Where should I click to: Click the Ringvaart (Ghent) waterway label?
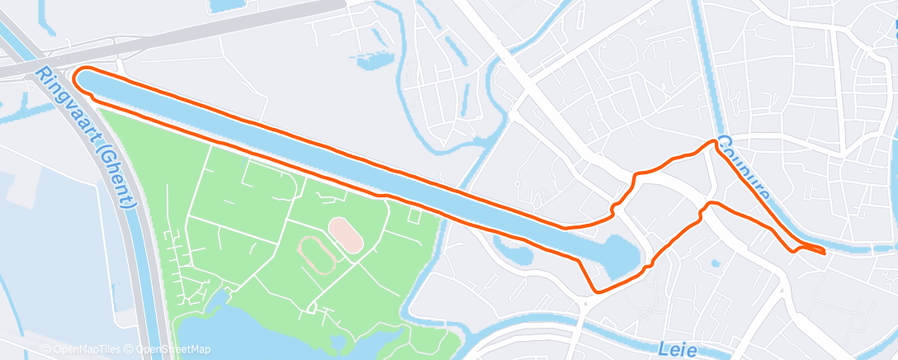coord(91,136)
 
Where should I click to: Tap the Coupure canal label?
coord(744,170)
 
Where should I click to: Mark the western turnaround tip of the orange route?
coord(77,79)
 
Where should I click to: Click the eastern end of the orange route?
coord(825,253)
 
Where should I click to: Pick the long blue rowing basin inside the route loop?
coord(330,149)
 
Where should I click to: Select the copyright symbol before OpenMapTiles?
coord(45,349)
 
